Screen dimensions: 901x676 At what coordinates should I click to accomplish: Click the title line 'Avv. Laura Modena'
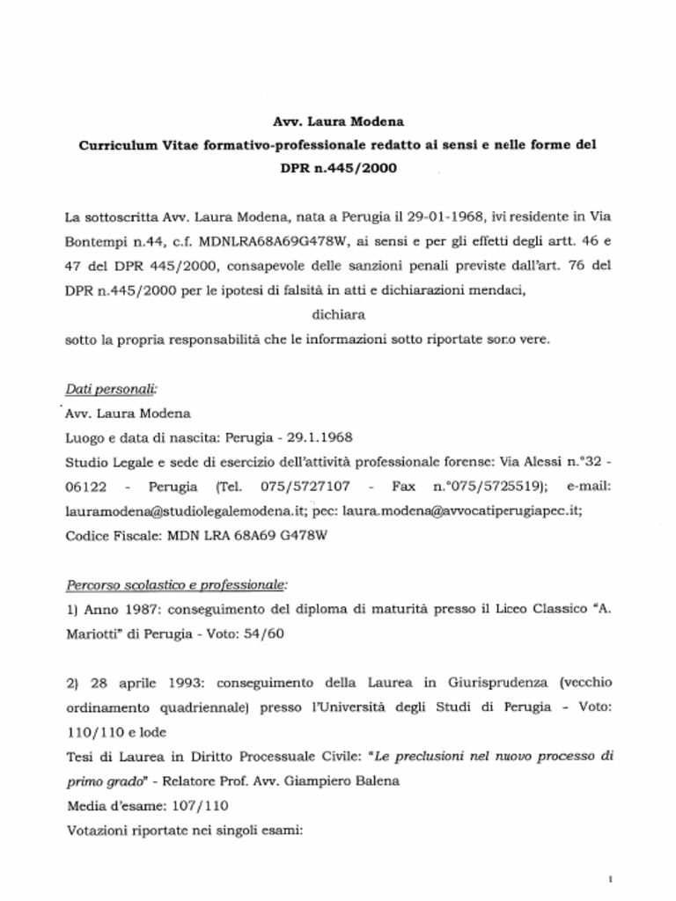click(338, 121)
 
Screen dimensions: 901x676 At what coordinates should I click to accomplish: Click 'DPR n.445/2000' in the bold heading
click(338, 167)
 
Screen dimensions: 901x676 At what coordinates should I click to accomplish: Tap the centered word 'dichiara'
click(338, 313)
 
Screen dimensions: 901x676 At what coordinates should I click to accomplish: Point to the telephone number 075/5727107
click(306, 486)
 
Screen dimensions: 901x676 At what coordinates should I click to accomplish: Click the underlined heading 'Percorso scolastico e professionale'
click(177, 584)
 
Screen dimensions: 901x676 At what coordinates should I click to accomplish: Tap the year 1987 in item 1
click(141, 609)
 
